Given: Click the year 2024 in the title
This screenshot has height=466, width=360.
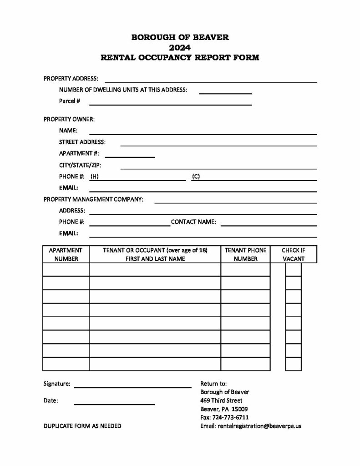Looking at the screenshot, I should coord(180,48).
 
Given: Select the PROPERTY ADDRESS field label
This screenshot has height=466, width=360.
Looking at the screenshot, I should coord(71,79).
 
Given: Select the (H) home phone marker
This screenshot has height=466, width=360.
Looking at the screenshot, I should coord(95,177).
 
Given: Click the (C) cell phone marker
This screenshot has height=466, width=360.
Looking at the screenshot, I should coord(196,177).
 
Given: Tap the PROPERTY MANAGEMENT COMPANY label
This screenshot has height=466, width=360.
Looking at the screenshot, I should coord(93,199).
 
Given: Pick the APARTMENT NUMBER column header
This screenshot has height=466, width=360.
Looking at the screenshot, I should coord(66,254).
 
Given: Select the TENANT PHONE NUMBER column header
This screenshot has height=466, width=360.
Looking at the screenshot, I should coord(246,254).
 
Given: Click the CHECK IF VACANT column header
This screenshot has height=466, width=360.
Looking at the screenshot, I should coord(294,254).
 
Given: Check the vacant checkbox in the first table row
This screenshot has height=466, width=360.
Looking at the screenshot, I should coord(294,269).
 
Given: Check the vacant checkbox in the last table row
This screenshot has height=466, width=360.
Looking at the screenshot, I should coord(294,364).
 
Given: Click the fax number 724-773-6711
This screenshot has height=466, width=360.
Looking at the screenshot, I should coord(230,417).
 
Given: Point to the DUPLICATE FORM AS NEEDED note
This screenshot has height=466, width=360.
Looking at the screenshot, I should coord(82,426).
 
